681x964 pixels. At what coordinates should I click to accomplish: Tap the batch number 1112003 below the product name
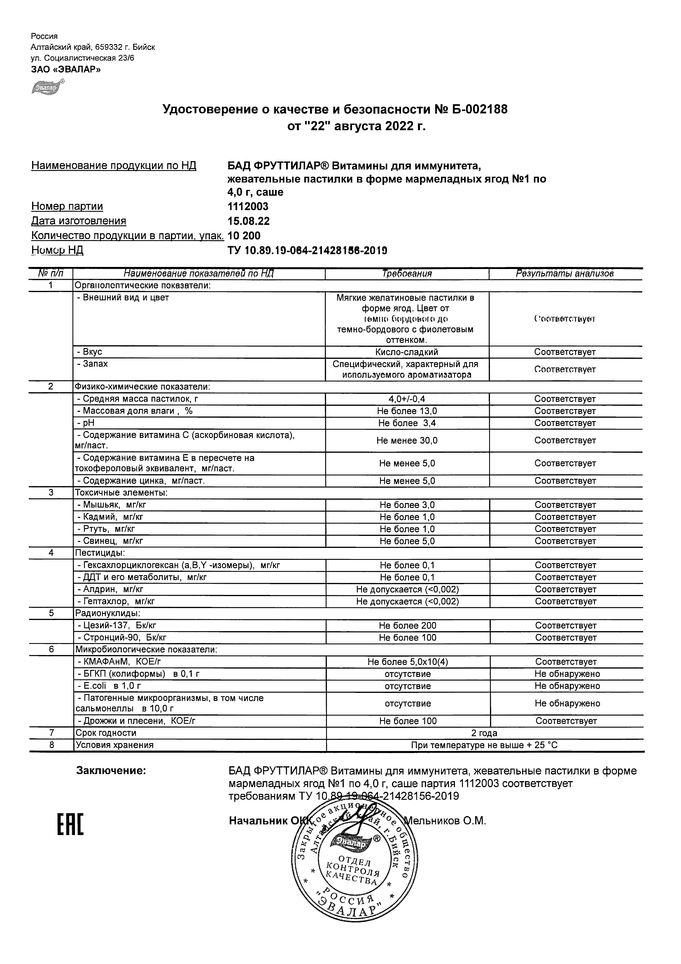click(x=247, y=206)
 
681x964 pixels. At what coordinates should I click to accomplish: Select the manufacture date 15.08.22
click(x=248, y=221)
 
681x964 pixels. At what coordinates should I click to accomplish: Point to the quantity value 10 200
click(x=244, y=236)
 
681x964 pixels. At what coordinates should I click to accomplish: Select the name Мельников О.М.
click(x=445, y=821)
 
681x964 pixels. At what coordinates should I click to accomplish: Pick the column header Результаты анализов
click(x=565, y=274)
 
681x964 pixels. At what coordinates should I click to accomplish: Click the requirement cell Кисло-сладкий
click(x=407, y=352)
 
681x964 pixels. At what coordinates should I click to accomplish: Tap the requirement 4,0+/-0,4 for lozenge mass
click(x=407, y=399)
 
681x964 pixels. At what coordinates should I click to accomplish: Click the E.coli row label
click(x=109, y=686)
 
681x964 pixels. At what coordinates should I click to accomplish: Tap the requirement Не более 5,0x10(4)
click(x=408, y=662)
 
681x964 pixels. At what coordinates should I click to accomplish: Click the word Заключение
click(x=111, y=771)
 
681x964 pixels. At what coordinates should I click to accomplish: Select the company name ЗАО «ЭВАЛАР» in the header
click(x=66, y=69)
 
